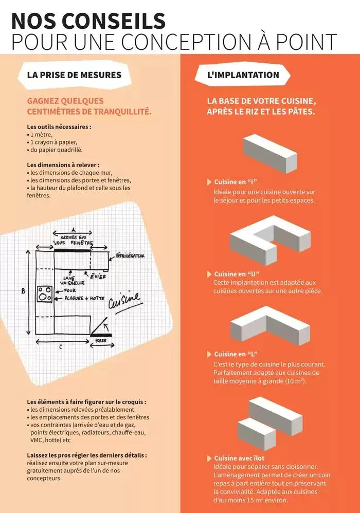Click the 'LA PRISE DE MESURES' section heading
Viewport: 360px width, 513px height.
coord(74,75)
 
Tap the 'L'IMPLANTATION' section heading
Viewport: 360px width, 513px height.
coord(243,75)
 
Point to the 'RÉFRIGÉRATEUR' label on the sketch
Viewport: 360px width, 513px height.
coord(131,255)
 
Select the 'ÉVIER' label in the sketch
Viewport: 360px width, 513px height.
coord(98,276)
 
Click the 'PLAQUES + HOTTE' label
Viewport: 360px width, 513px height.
coord(82,298)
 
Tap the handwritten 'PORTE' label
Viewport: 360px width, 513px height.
coord(101,340)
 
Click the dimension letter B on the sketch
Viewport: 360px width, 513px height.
coord(23,291)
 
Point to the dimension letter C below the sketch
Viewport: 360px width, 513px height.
coord(60,347)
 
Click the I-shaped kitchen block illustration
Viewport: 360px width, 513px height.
coord(270,153)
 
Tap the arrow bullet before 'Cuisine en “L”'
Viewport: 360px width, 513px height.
coord(209,354)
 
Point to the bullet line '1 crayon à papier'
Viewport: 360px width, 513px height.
coord(53,142)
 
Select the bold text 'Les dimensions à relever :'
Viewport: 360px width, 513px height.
coord(63,164)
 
